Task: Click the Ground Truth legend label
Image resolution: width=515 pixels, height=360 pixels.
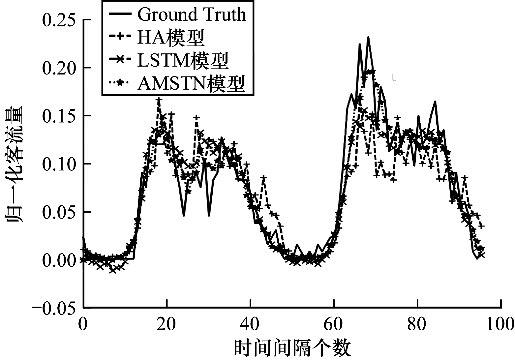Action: (192, 15)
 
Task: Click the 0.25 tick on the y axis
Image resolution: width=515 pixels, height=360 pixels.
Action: (59, 20)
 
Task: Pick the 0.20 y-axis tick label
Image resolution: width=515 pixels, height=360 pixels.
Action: (59, 68)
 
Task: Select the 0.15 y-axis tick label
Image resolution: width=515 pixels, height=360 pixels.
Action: (59, 116)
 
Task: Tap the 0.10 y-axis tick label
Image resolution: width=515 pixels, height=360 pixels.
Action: (59, 164)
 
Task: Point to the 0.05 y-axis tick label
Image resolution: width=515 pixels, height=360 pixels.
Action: (59, 212)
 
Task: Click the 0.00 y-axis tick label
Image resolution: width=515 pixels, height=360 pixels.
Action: (59, 260)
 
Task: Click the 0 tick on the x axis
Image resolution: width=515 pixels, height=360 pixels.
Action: (83, 324)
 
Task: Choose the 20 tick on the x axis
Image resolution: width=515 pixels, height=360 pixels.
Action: (167, 324)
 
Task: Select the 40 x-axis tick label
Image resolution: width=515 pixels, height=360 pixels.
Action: (251, 324)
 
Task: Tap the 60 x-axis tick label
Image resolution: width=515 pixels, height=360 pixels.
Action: (334, 324)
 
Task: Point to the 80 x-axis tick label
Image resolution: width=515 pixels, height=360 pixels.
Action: (418, 324)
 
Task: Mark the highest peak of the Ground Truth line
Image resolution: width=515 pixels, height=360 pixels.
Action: (368, 37)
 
